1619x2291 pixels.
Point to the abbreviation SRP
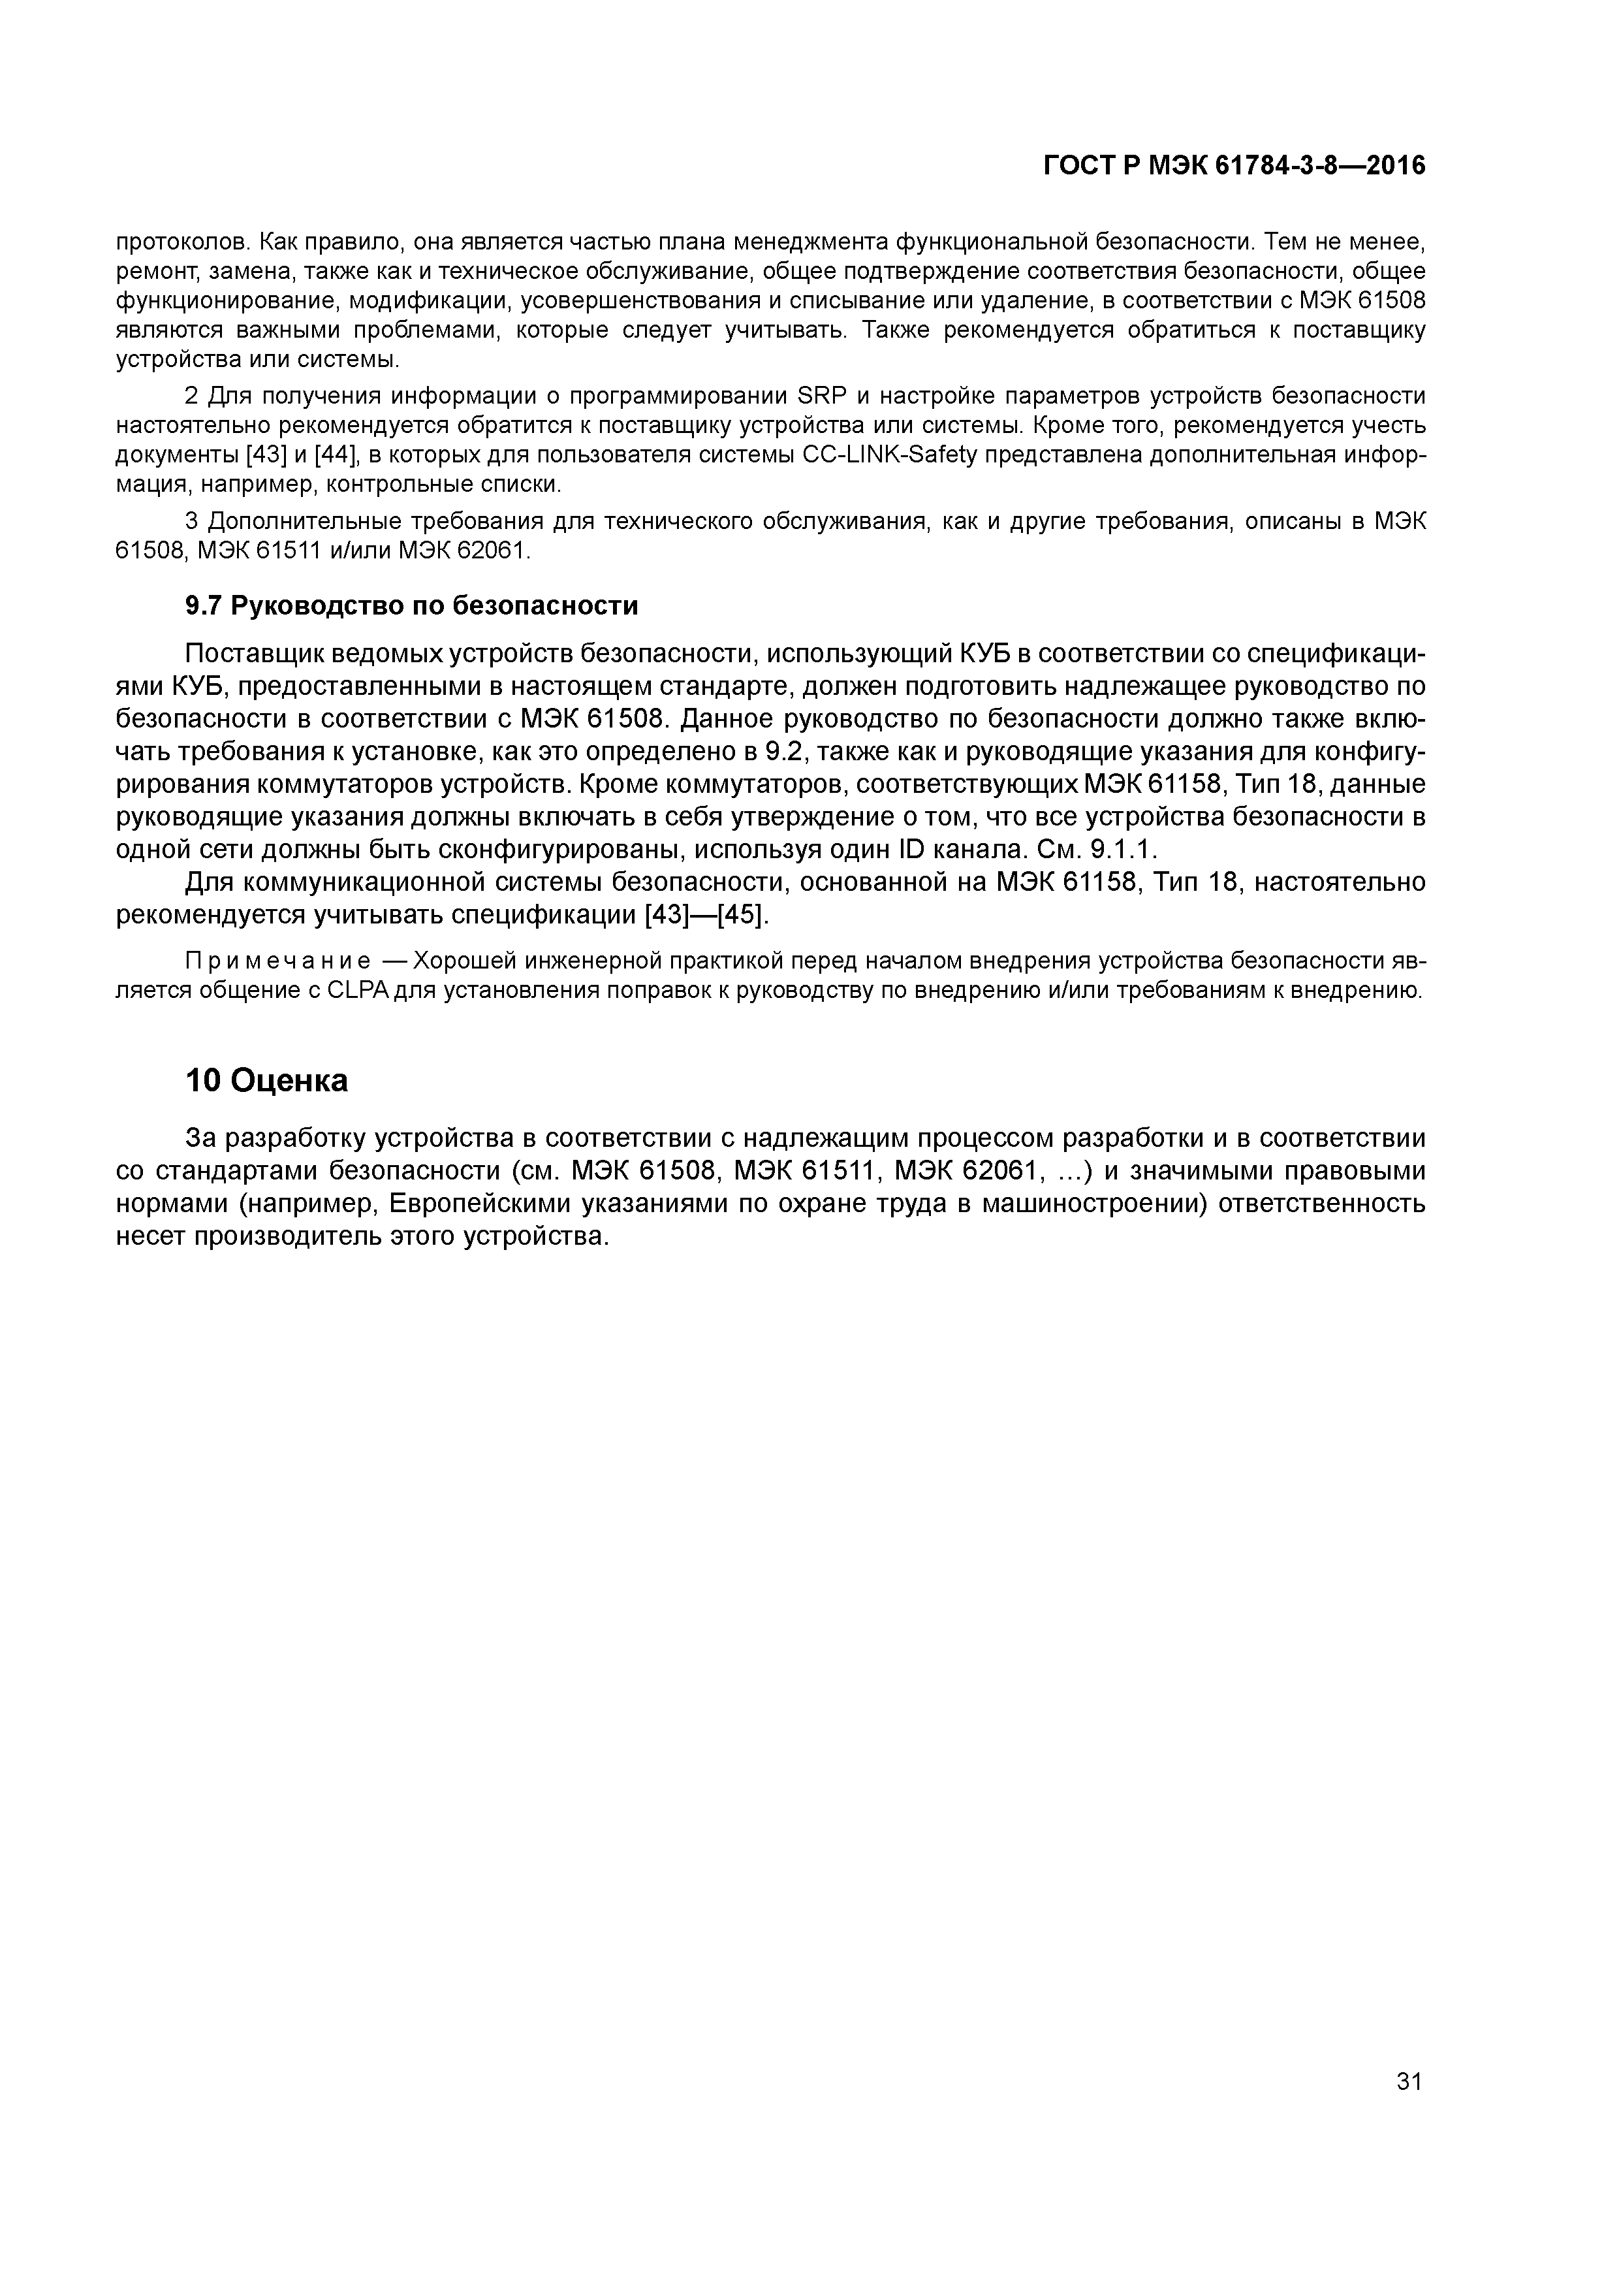tap(822, 396)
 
